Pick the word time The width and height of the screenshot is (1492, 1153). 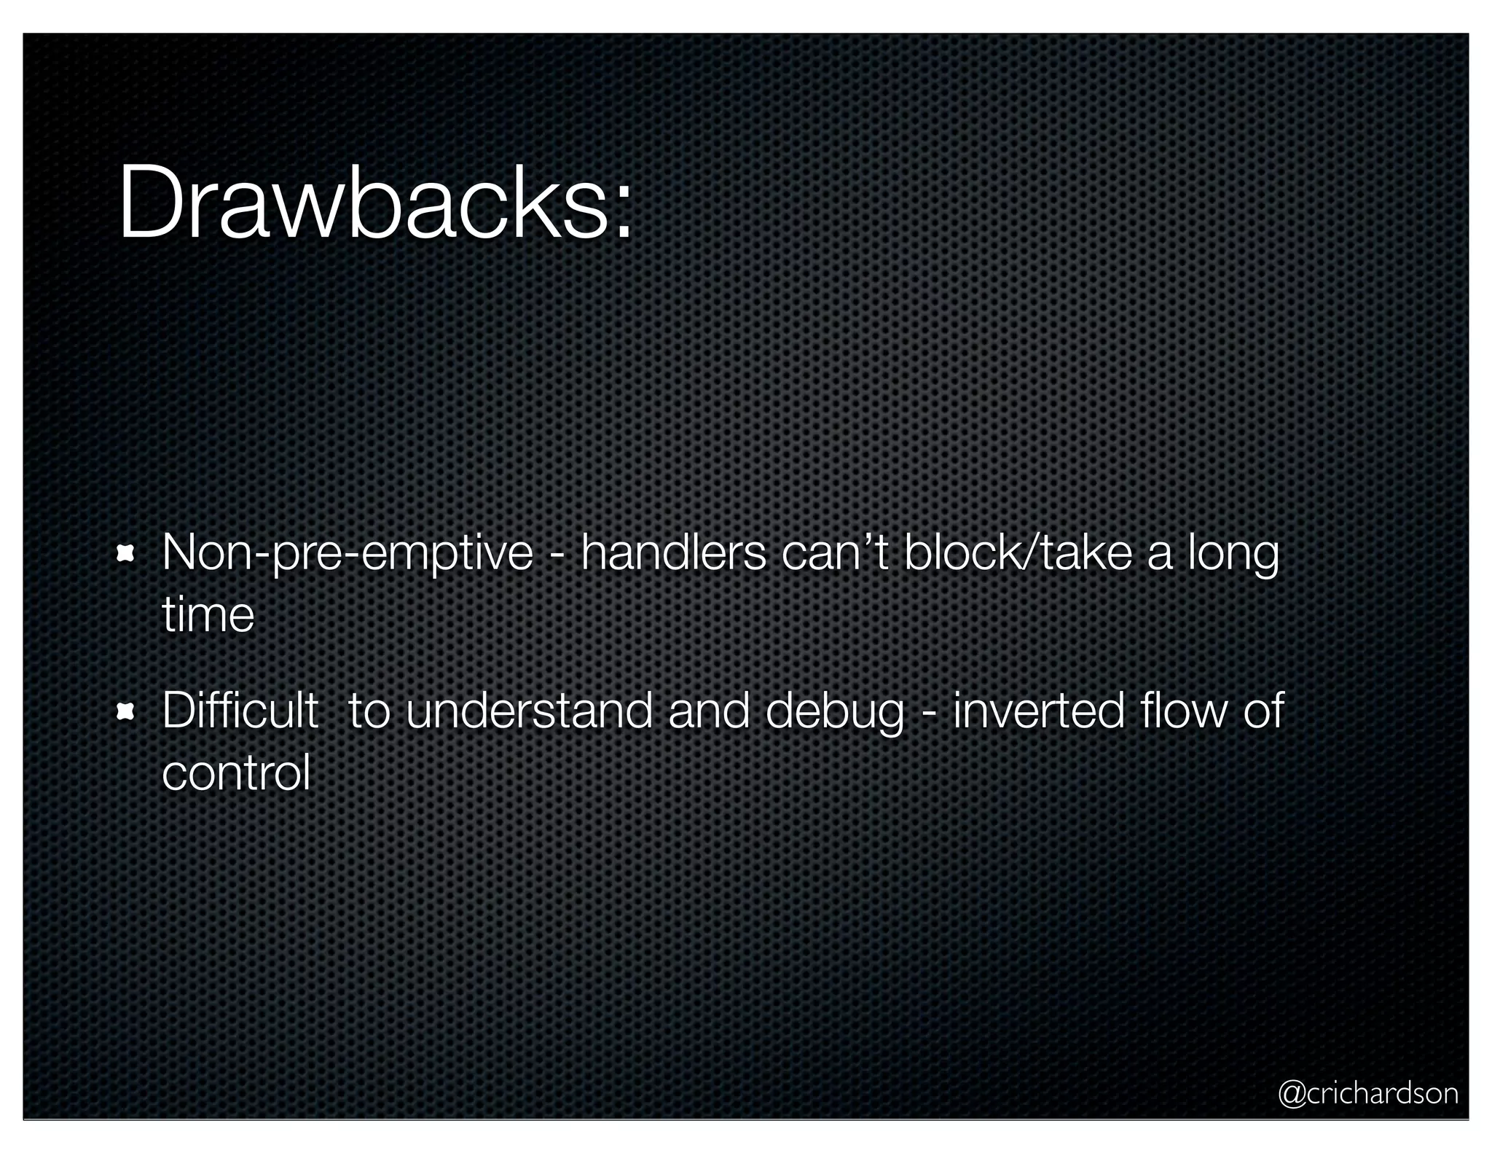point(208,615)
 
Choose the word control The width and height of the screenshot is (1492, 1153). point(236,773)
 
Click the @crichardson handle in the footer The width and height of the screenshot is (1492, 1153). point(1367,1093)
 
